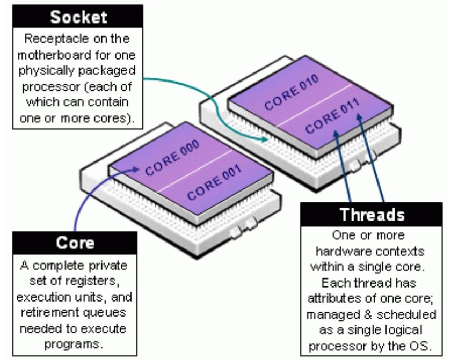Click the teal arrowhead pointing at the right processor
[x=265, y=139]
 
